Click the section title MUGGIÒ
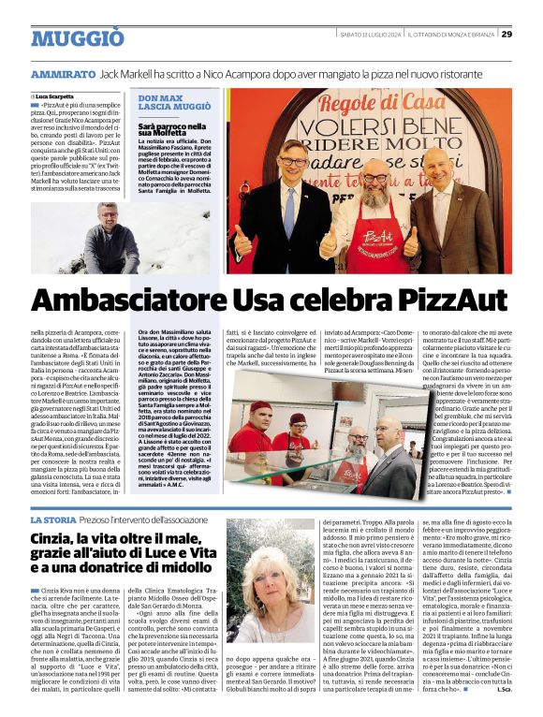coord(77,38)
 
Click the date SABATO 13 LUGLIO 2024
coord(371,34)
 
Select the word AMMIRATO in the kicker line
coord(61,73)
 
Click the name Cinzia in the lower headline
coord(55,538)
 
